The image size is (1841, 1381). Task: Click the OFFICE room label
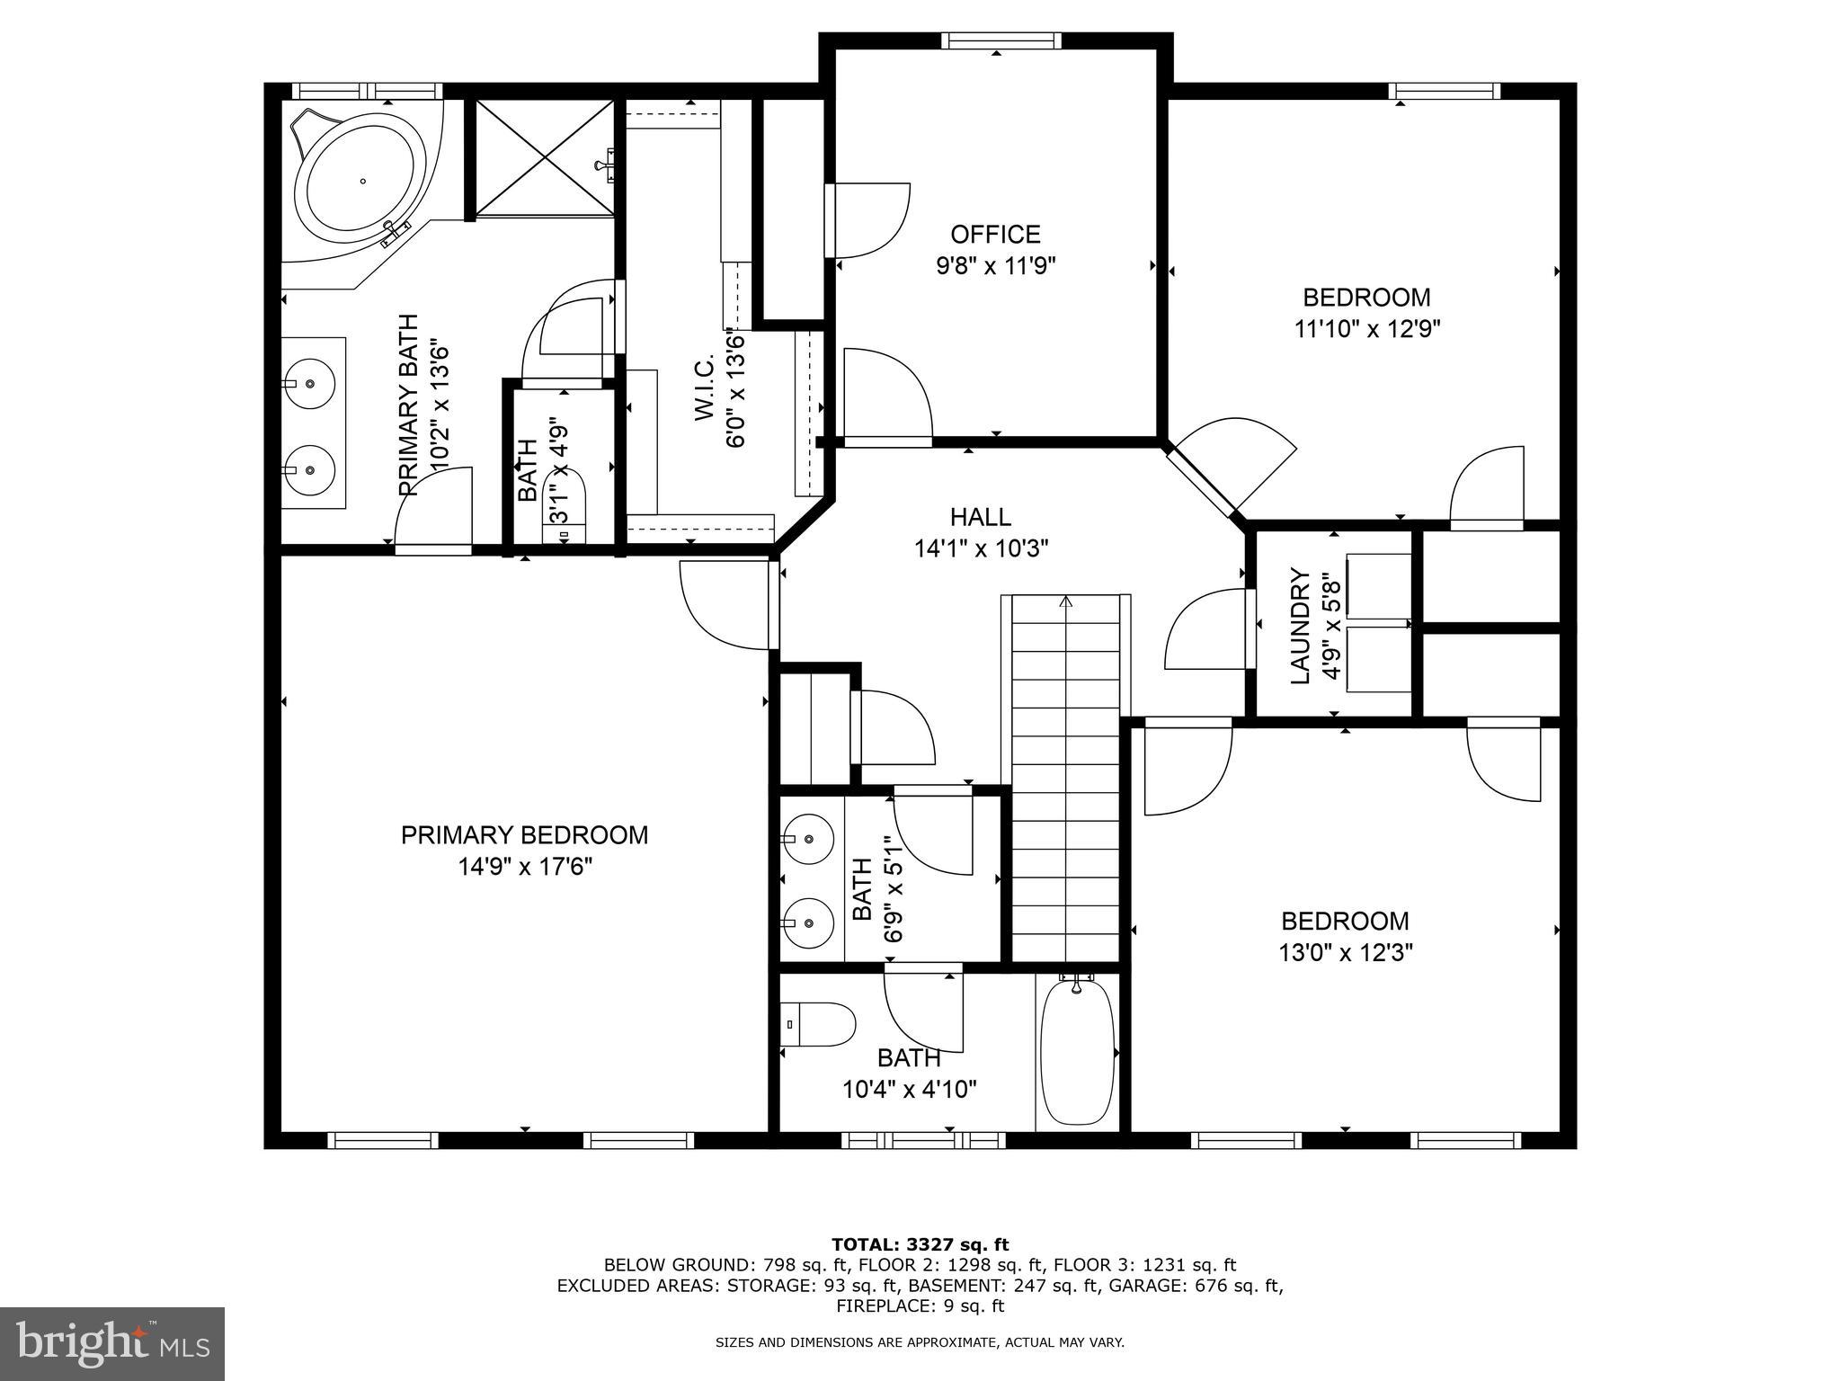point(995,235)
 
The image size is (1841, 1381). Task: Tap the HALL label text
point(980,517)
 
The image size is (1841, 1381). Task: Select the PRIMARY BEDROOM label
point(524,835)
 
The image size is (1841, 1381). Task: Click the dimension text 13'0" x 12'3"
point(1346,953)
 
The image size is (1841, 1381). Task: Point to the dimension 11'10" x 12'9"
point(1367,329)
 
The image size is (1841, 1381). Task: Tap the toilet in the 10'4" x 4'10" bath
point(818,1024)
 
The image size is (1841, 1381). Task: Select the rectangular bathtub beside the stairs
point(1077,1052)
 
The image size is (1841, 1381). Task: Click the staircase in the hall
point(1066,773)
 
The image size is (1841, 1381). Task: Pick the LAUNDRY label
point(1300,626)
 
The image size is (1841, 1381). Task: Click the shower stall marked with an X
point(545,158)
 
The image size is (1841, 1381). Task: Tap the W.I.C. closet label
point(703,387)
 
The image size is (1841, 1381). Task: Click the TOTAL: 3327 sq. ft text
point(920,1245)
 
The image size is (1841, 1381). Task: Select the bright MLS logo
point(112,1343)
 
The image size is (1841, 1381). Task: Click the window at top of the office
point(1001,40)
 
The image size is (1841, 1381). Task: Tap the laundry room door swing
point(1205,629)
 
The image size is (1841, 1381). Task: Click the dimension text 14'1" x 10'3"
point(982,548)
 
